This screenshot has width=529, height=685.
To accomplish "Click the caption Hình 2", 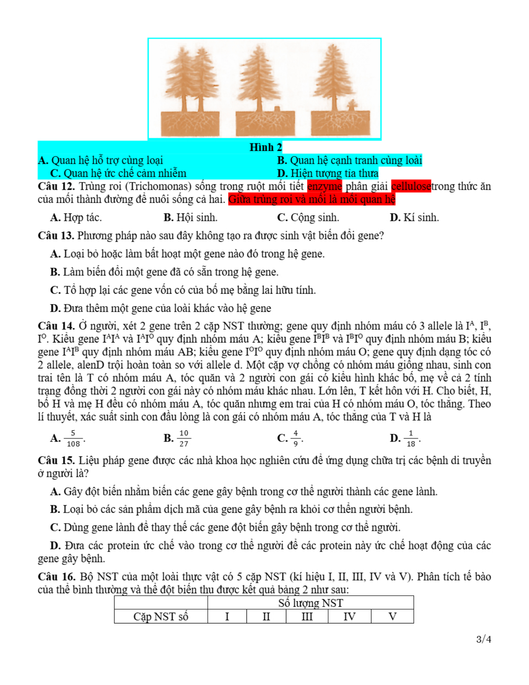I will point(266,147).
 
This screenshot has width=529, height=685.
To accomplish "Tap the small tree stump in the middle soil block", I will point(277,109).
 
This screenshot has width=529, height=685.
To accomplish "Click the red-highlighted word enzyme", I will point(324,186).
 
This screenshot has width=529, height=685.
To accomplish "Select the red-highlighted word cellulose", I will point(411,186).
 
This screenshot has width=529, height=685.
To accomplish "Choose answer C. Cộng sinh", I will point(308,217).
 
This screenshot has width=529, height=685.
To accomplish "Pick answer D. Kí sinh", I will point(414,217).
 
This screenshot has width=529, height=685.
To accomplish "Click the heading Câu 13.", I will point(56,236).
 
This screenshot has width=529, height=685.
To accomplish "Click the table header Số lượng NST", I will point(310,603).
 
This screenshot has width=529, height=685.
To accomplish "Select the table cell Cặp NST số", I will point(161,616).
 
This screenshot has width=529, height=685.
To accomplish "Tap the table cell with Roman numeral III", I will point(307,616).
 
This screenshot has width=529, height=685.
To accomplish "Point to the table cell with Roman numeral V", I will point(392,616).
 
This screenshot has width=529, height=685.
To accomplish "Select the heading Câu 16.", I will point(56,577).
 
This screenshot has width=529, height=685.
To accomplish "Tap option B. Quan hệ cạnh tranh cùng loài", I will point(350,161).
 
